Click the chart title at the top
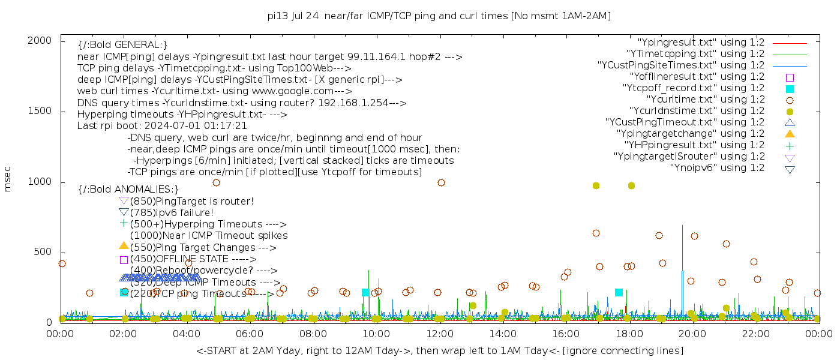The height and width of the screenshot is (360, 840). pos(439,16)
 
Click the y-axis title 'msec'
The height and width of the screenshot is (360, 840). pos(8,179)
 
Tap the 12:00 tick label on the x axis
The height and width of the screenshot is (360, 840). pos(440,334)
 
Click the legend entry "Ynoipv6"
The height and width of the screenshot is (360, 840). pos(717,168)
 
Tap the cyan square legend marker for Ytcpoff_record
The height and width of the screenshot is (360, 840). pos(790,89)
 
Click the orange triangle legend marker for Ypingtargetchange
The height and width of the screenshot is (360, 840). pos(790,134)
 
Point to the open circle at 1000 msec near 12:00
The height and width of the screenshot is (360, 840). pos(441,182)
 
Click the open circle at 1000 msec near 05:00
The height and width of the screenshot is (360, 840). pos(216,182)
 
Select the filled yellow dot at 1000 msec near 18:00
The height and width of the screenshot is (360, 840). pos(631,185)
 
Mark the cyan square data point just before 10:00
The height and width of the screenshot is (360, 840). pos(365,292)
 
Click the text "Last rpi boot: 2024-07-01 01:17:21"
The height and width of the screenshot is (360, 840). pos(162,126)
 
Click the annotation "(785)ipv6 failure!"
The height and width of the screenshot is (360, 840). pos(172,212)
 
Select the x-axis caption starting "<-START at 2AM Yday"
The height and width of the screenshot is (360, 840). pos(439,350)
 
